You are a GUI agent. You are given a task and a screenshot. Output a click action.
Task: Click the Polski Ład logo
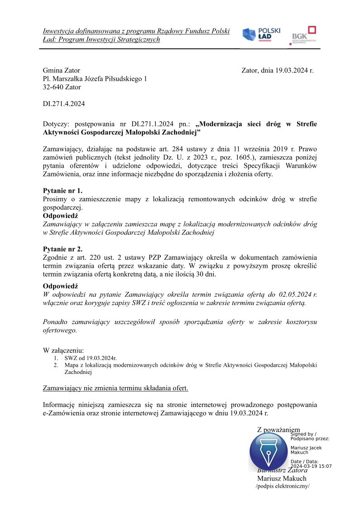pos(261,35)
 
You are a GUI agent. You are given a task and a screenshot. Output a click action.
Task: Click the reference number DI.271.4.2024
pos(63,104)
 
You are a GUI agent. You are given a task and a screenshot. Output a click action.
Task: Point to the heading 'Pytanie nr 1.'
pos(63,191)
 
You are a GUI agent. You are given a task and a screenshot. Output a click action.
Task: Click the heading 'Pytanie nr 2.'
pos(63,249)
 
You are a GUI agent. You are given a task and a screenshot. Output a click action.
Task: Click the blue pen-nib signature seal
pos(268,451)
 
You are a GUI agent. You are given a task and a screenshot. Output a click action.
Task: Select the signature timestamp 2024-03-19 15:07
pos(311,466)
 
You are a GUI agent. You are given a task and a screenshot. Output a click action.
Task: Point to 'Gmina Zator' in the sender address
pos(61,70)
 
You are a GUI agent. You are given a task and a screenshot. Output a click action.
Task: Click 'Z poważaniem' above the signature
pos(278,429)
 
